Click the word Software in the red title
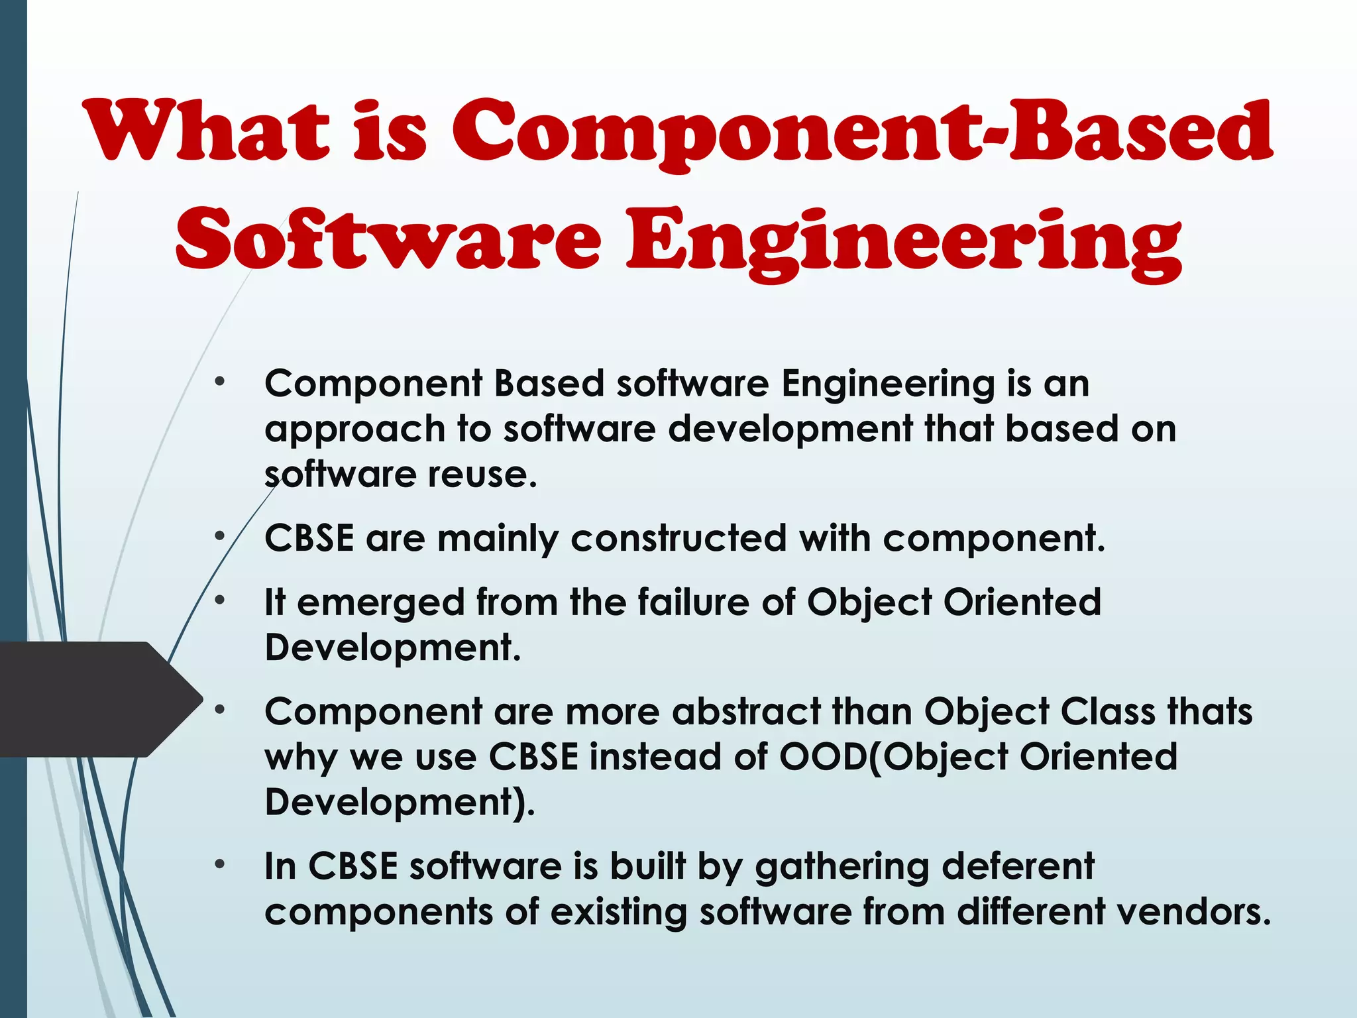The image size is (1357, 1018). coord(388,240)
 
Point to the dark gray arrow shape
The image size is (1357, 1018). coord(99,699)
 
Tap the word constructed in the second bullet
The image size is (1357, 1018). coord(678,537)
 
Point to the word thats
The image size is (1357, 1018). coord(1209,712)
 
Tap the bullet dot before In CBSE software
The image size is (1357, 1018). coord(220,864)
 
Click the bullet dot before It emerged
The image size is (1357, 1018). coord(220,600)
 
